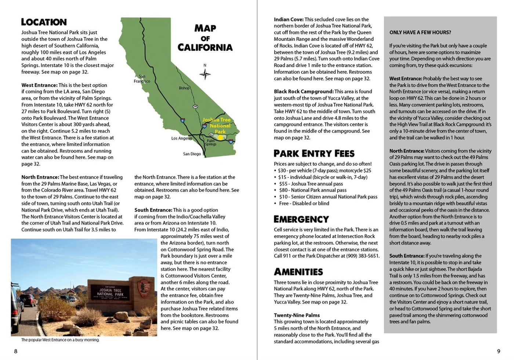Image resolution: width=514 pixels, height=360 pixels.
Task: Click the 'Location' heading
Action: (x=44, y=22)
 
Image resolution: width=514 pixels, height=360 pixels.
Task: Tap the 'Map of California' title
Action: (x=205, y=38)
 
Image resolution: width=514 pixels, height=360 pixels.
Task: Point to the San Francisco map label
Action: (x=142, y=79)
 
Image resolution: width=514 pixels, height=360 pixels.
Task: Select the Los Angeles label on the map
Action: (x=181, y=138)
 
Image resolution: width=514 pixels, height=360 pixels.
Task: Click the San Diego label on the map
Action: (x=192, y=154)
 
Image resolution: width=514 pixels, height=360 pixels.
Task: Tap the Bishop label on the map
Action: (x=184, y=88)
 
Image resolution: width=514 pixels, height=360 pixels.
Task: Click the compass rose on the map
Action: (x=205, y=73)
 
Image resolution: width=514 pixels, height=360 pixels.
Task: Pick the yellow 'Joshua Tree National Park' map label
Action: (x=217, y=125)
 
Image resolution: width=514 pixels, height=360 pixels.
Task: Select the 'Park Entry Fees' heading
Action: (x=314, y=154)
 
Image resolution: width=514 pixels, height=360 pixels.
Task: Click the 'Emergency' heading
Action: (x=301, y=219)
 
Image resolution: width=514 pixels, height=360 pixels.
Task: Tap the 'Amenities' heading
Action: (x=298, y=272)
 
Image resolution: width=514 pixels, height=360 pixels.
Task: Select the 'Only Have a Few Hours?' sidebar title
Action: (x=420, y=32)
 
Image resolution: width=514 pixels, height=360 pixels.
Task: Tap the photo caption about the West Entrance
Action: (x=60, y=340)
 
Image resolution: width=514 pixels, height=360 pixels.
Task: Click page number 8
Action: (x=15, y=351)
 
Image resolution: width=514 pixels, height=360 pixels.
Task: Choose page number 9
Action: (x=498, y=351)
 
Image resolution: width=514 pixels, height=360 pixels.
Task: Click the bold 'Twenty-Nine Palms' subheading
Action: (x=297, y=315)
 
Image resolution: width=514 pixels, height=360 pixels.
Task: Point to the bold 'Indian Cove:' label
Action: (x=289, y=19)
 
